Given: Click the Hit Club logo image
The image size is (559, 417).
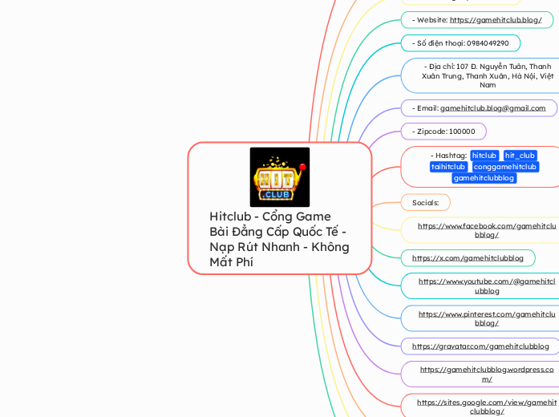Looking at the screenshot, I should point(279,177).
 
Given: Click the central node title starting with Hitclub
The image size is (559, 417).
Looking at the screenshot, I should point(279,239).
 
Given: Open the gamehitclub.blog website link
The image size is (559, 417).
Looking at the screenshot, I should point(496,20).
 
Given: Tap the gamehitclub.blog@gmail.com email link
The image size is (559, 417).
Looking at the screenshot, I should point(492,108).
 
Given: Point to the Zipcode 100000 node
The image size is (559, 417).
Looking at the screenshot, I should point(444,132).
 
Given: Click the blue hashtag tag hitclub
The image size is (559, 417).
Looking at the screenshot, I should point(484,156).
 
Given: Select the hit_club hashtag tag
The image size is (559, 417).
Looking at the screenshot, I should point(520,156).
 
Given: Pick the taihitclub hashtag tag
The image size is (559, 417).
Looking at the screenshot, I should point(448,167).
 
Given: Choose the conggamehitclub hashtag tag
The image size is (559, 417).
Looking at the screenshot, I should point(505,167).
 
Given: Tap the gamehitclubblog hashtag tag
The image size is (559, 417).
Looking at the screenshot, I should point(484,178).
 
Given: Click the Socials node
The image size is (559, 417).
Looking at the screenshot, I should point(425,203).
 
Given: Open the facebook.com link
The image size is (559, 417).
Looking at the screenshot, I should point(487,230).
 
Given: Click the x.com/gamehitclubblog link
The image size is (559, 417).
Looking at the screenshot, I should point(468,258).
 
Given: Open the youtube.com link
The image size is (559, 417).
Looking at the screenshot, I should point(487,285).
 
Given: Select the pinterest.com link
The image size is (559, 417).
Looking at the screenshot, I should point(487,318).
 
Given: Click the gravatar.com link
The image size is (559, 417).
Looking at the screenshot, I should point(480,346).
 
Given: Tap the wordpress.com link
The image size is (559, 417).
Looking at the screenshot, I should point(487,374).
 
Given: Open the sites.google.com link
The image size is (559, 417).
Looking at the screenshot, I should point(487,407).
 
